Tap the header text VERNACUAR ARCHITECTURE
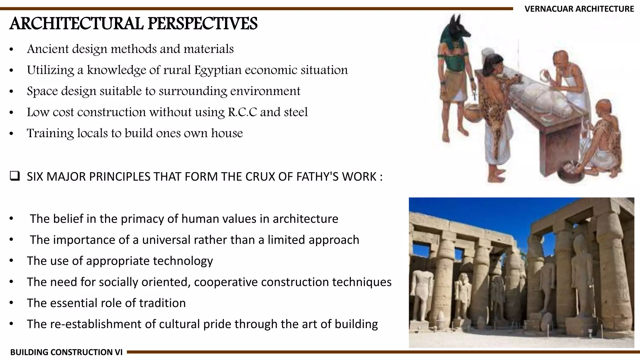(579, 9)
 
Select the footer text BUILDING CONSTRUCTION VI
(66, 352)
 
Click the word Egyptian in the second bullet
(218, 70)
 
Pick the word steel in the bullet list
(296, 112)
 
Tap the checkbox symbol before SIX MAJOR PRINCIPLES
(14, 177)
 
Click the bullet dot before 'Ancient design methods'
(12, 49)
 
